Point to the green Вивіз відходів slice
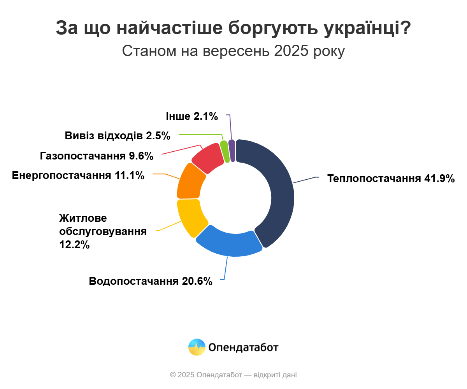tap(225, 151)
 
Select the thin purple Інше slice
tap(232, 150)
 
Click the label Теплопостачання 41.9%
tap(391, 179)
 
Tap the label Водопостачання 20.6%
tap(151, 281)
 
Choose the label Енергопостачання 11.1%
tap(78, 175)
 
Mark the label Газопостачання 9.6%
tap(97, 156)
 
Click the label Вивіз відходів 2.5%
tap(118, 136)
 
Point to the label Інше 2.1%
tap(191, 116)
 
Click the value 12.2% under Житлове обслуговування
tap(74, 245)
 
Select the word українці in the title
tap(365, 28)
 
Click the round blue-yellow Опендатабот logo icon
tap(197, 347)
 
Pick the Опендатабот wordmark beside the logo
tap(244, 347)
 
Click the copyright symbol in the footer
tap(173, 375)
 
